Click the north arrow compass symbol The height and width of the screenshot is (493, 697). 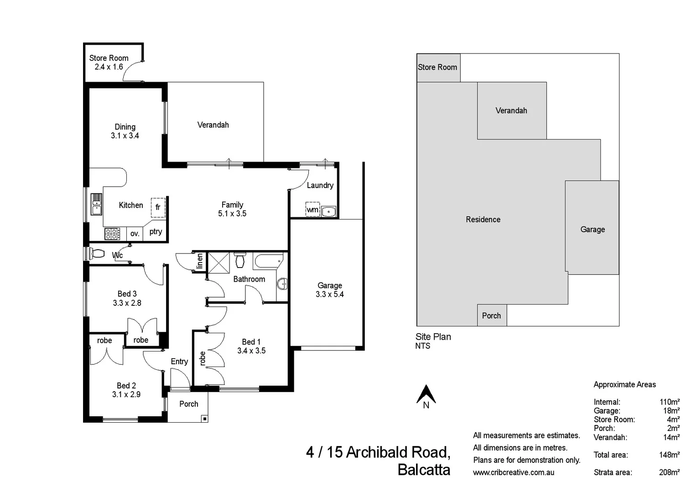[426, 395]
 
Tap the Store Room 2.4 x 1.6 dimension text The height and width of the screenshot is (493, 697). [109, 67]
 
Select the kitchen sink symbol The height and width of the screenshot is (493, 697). [96, 204]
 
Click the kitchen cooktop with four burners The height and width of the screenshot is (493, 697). [112, 234]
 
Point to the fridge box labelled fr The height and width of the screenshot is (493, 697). [158, 207]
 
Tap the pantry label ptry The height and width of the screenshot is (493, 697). [156, 231]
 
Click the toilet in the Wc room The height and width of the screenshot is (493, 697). [98, 253]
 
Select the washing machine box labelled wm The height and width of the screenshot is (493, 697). [312, 210]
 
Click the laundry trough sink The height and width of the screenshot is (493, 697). [328, 211]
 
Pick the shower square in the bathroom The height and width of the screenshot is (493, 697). [218, 262]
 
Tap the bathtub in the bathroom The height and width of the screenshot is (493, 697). [269, 262]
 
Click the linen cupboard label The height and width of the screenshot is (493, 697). [199, 262]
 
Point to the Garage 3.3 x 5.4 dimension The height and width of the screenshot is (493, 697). [329, 294]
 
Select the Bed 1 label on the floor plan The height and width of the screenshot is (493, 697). [251, 342]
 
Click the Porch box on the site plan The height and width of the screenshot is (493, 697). [491, 315]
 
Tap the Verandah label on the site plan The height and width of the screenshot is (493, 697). [511, 110]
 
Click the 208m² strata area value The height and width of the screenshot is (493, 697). [669, 472]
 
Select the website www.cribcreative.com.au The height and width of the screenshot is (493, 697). [513, 472]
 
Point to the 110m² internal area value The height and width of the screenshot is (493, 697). [669, 402]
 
